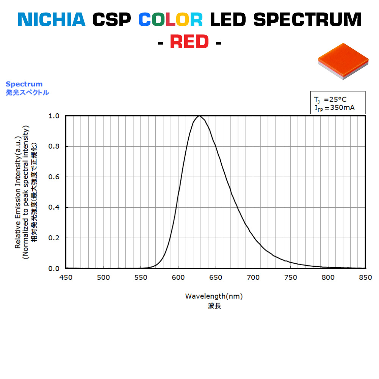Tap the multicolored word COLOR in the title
click(170, 20)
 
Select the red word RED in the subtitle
click(189, 42)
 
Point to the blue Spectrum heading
click(24, 84)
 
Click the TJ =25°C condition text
click(330, 99)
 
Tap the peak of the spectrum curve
click(200, 116)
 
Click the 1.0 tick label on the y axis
click(54, 116)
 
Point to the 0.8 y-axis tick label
click(54, 146)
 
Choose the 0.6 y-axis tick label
click(54, 177)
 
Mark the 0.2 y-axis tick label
click(54, 238)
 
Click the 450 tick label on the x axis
click(66, 277)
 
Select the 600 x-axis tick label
click(178, 277)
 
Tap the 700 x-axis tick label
click(253, 277)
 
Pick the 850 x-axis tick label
click(365, 277)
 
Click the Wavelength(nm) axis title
click(214, 296)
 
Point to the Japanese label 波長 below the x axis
click(214, 306)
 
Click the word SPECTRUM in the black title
click(307, 20)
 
